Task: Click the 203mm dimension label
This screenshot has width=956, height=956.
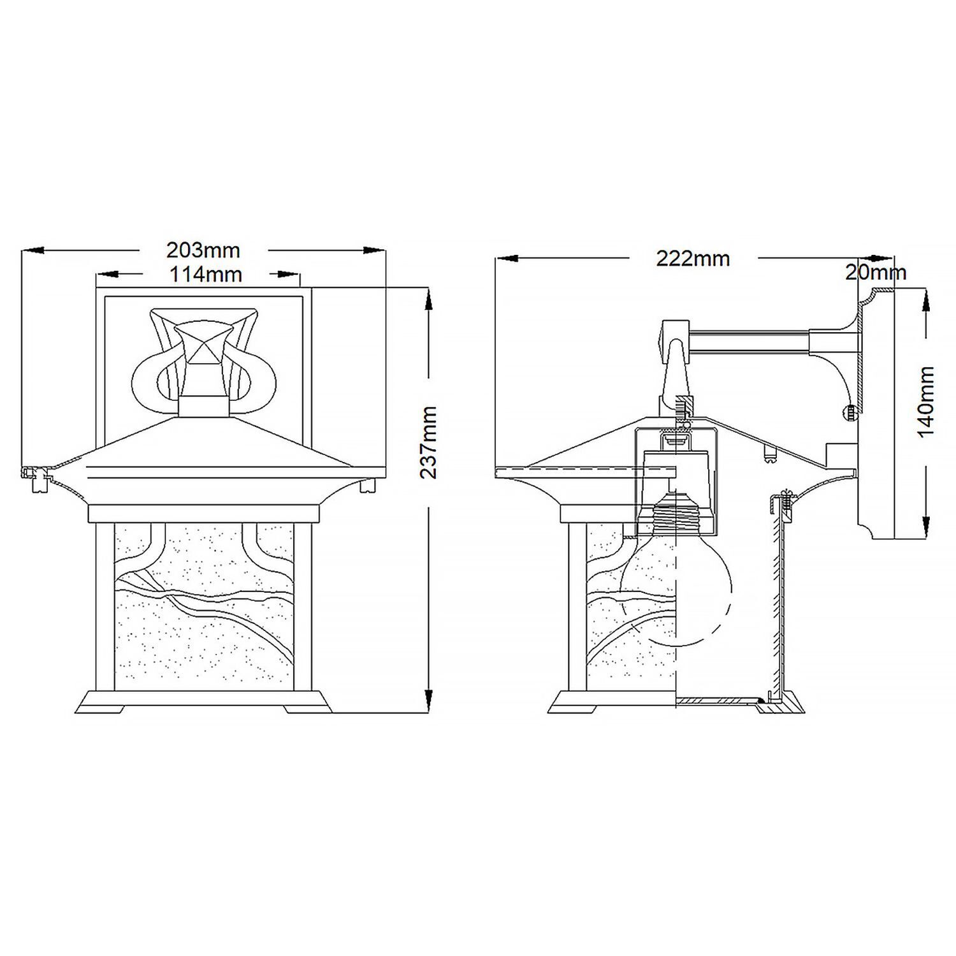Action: click(203, 250)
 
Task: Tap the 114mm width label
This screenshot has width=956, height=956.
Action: click(205, 275)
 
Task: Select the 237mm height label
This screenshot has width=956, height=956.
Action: click(429, 442)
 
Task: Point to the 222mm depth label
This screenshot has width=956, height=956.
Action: click(693, 258)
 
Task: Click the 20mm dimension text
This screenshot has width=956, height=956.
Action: click(876, 273)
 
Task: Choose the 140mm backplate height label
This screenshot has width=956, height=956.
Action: click(925, 402)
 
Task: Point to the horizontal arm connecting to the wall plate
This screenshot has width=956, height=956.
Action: click(749, 342)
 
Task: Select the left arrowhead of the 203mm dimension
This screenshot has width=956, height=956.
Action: click(32, 250)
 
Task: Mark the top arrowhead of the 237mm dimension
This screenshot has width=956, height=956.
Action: click(429, 300)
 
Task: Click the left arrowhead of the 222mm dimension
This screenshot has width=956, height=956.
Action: click(505, 258)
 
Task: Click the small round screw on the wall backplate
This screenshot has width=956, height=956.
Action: click(850, 413)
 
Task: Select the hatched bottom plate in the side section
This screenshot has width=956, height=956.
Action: click(717, 702)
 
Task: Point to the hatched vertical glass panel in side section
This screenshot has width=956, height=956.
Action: click(776, 599)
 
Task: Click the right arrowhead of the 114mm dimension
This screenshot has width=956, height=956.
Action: click(290, 275)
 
